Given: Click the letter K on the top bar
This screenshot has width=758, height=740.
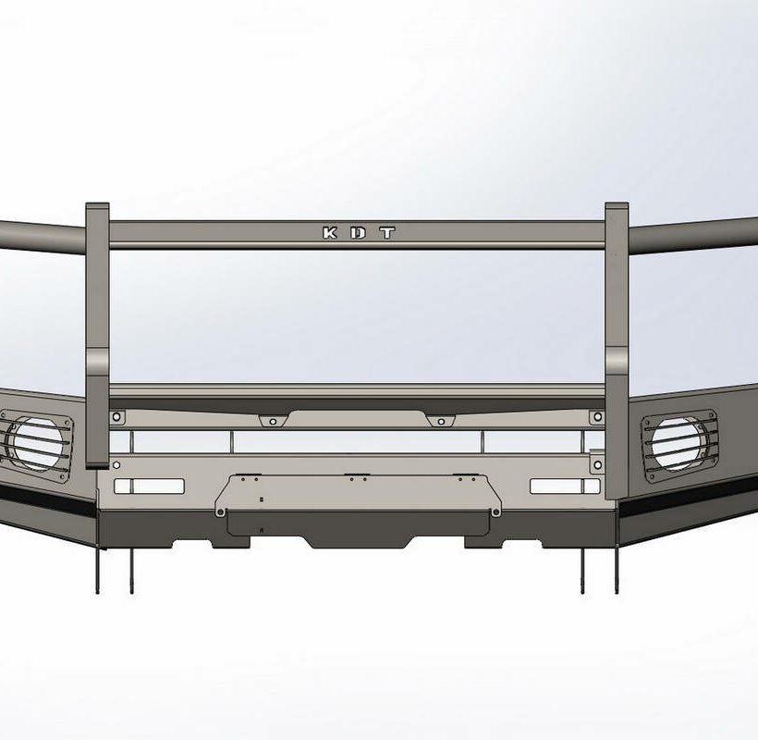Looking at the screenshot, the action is (x=330, y=233).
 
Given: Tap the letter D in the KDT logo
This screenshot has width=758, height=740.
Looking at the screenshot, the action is (x=359, y=233).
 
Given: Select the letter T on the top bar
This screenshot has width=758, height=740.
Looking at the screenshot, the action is (x=387, y=233).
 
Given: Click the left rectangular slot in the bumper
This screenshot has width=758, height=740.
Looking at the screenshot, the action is (x=150, y=486).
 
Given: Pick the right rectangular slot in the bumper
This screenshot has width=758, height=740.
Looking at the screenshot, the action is (x=565, y=486).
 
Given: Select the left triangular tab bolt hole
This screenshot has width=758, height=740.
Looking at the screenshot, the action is (x=273, y=422).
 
